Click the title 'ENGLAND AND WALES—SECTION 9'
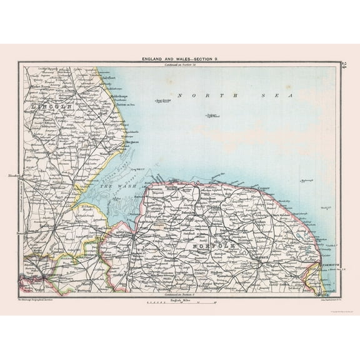coord(179,59)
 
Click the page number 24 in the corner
coord(342,65)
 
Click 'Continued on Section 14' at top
coord(179,64)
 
